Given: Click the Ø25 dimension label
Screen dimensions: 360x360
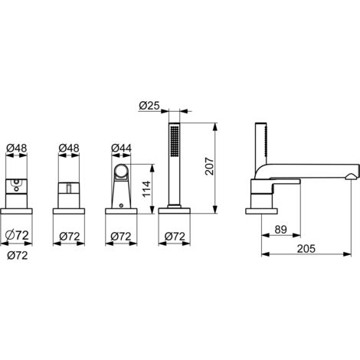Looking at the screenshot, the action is tap(149, 106).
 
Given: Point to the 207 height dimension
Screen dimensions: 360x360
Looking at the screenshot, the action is tap(209, 166).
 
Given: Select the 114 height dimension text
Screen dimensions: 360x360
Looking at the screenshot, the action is tap(146, 189).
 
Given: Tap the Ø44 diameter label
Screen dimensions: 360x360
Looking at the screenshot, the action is tap(121, 148).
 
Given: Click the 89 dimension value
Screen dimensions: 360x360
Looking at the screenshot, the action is tap(281, 230).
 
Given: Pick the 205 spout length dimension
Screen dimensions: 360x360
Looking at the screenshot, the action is tap(306, 248).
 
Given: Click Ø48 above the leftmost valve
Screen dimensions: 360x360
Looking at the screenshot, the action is tap(17, 148).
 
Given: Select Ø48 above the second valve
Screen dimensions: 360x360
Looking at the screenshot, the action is tap(69, 148).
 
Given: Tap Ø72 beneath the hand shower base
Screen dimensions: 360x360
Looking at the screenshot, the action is tap(175, 237).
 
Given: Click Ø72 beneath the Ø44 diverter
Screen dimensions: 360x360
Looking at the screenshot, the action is tap(121, 237).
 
